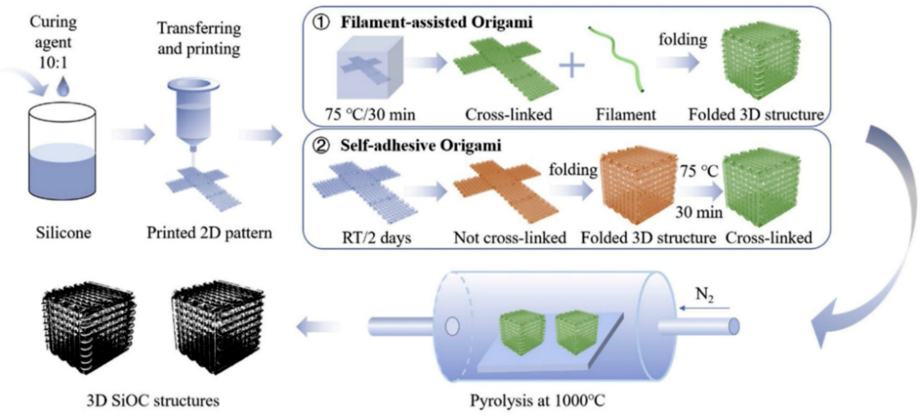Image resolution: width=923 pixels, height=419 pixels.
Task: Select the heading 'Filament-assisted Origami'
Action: [436, 22]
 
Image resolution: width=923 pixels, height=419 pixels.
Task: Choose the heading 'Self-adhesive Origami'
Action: [420, 146]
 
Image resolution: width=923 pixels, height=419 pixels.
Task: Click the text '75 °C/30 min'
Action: [370, 115]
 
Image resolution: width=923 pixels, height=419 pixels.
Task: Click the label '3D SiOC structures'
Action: [153, 400]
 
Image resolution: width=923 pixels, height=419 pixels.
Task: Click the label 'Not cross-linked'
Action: [510, 238]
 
